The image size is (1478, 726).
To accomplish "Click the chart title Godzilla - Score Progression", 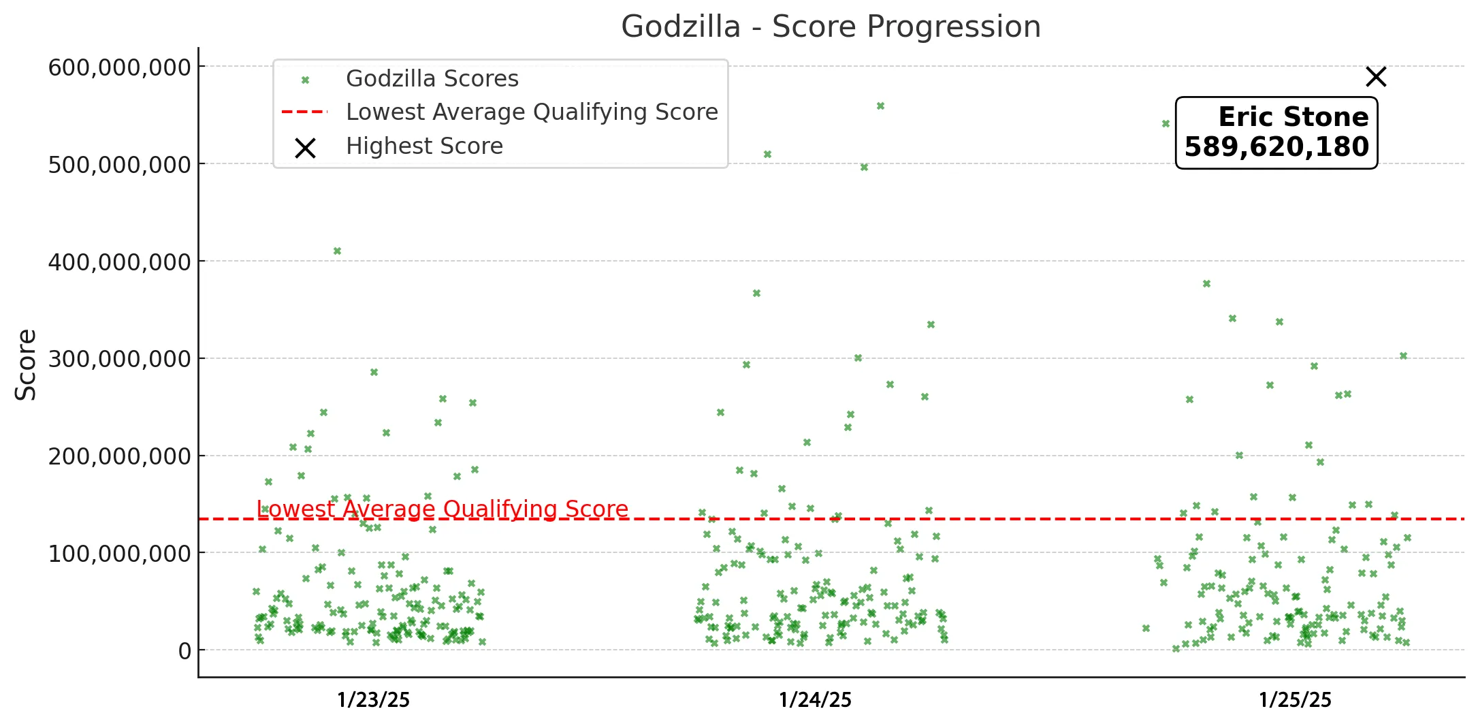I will (831, 27).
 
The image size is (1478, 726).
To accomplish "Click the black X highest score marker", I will (1376, 77).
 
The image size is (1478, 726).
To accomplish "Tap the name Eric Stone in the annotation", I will (1293, 117).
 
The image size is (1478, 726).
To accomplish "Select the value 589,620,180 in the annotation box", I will (1276, 147).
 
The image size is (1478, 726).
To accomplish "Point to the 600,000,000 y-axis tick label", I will (119, 67).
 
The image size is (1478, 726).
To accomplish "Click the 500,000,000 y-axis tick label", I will (119, 165).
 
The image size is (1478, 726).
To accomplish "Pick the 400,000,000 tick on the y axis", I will (119, 262).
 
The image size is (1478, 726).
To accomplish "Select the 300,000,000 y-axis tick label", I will (119, 359).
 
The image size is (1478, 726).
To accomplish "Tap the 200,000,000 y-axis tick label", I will (119, 456).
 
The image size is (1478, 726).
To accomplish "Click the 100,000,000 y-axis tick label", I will (119, 554).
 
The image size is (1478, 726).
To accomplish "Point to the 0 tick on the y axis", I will (184, 651).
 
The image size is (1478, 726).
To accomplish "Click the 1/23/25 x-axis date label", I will (374, 700).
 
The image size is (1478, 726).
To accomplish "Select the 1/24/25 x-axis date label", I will (815, 700).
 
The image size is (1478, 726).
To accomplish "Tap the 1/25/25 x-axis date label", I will (1295, 700).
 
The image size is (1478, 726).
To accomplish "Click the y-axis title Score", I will (26, 364).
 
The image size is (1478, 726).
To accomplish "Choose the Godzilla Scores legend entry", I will (432, 79).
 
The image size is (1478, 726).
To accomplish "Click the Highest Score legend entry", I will (424, 146).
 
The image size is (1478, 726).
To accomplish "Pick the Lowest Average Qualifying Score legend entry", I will (532, 112).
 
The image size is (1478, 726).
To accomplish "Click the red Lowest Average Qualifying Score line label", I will (443, 509).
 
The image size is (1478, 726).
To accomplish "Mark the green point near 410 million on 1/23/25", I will (337, 251).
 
